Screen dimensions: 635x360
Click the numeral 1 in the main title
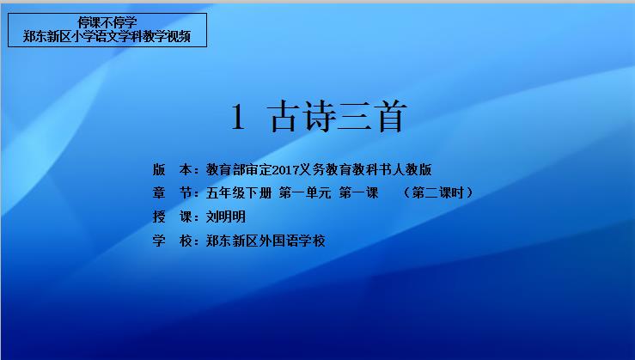pos(238,117)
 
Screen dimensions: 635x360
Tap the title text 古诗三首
pos(337,117)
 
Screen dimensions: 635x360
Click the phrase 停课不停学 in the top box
pos(107,22)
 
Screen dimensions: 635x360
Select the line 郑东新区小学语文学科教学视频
pos(107,36)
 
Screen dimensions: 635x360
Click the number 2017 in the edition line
pos(285,169)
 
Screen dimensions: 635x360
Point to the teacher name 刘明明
pos(226,217)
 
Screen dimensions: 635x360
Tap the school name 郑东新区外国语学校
pos(266,241)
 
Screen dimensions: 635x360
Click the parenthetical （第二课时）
pos(437,192)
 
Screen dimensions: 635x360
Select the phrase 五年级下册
pos(239,192)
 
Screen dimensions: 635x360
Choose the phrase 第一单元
pos(305,192)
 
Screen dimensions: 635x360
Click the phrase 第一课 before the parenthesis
pos(359,192)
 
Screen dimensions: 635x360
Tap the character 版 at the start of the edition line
pos(159,169)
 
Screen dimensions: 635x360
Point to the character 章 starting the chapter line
pos(159,192)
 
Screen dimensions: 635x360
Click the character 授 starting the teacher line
pos(159,217)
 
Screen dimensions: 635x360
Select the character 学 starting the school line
pos(159,241)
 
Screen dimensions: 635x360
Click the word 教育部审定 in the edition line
pos(239,169)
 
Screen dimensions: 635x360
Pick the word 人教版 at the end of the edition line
pos(412,169)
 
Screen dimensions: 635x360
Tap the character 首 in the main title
pos(390,117)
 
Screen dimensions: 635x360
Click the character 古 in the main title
pos(284,117)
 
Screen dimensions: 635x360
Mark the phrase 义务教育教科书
pos(345,169)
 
